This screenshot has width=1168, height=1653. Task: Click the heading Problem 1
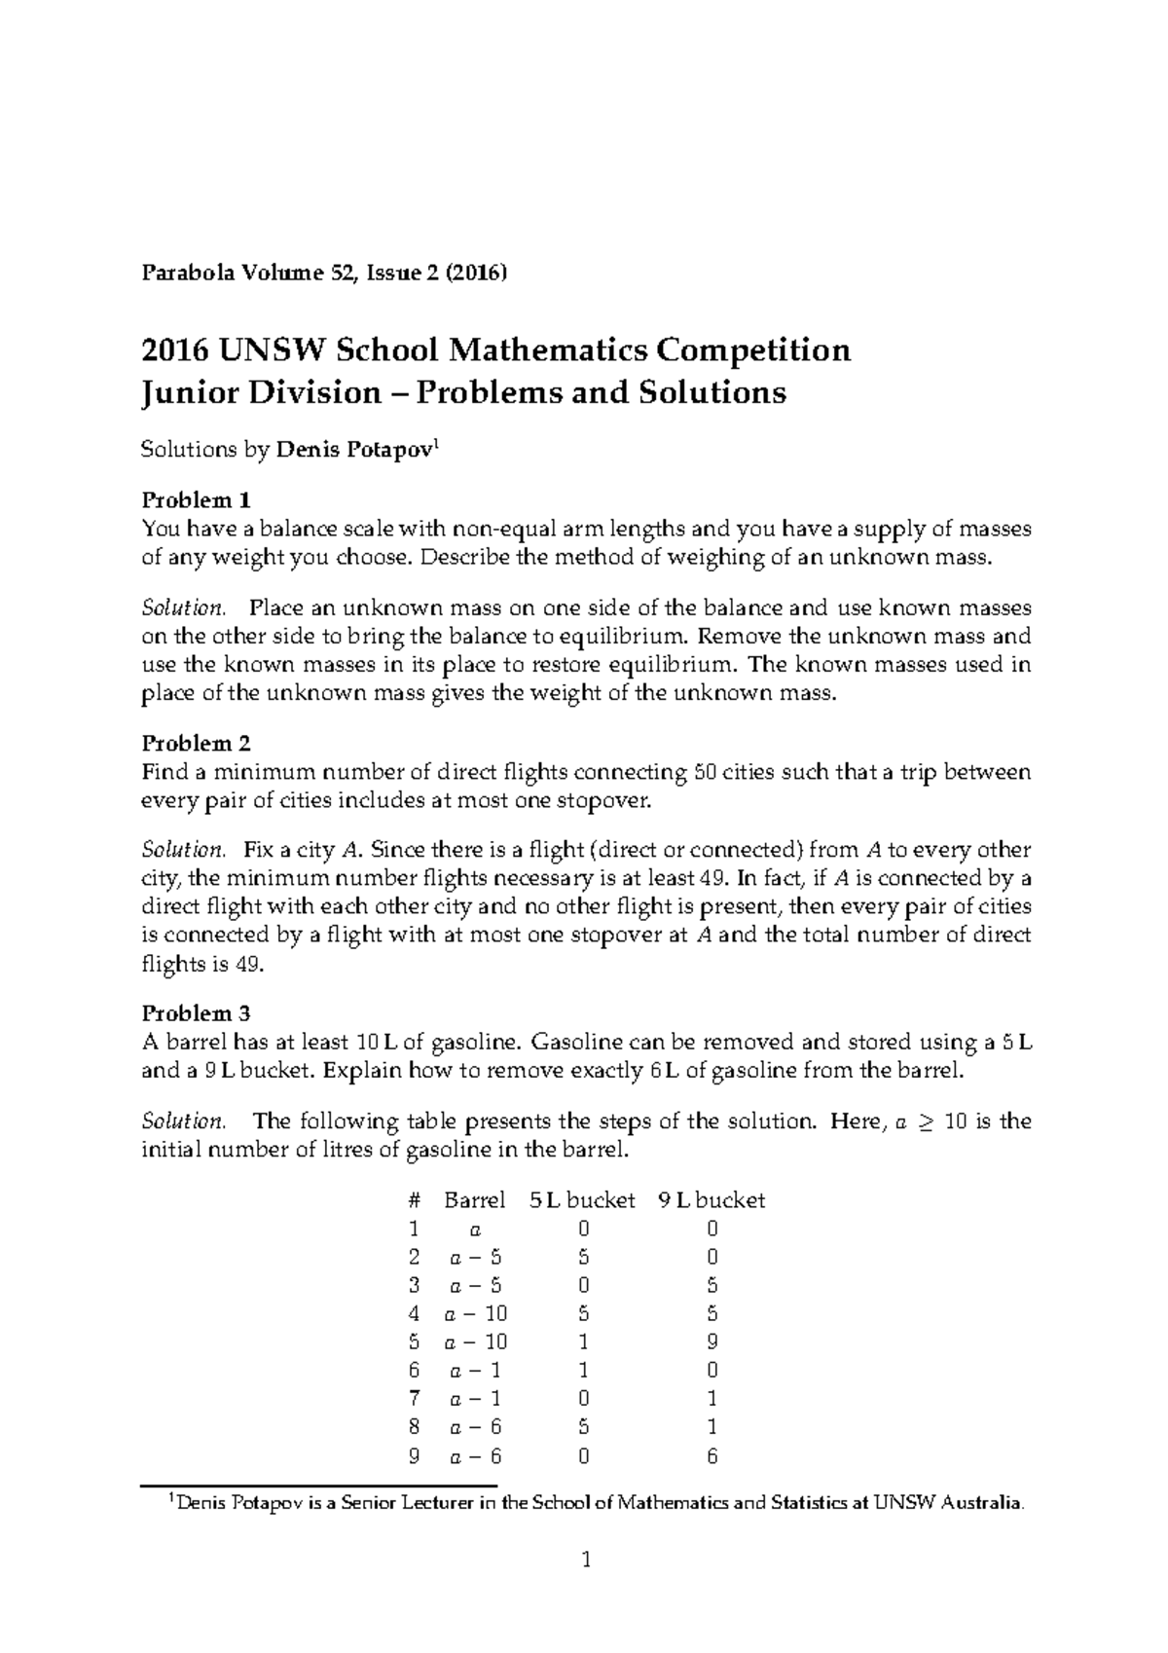pos(197,500)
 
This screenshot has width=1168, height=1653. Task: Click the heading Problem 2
pos(197,744)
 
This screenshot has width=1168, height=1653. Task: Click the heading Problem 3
pos(197,1013)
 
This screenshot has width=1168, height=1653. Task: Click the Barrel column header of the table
pos(474,1200)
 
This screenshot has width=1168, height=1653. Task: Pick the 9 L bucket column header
pos(712,1200)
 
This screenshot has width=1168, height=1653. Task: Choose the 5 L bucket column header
pos(582,1200)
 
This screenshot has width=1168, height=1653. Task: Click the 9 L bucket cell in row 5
pos(712,1341)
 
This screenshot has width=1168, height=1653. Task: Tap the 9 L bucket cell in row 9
pos(712,1457)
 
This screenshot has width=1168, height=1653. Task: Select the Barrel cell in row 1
pos(475,1230)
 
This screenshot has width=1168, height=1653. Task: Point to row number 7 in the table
pos(415,1399)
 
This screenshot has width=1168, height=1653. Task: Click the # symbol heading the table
pos(415,1200)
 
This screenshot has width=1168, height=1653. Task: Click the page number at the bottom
pos(585,1561)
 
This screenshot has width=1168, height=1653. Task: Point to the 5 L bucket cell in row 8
pos(583,1428)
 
